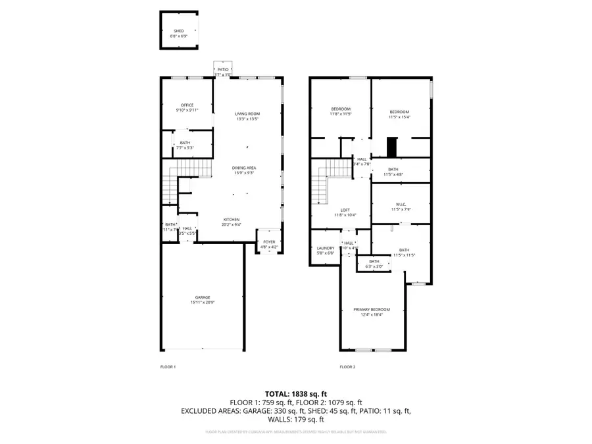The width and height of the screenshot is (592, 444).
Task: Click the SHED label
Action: (179, 31)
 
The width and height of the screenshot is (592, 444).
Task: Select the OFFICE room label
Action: (187, 105)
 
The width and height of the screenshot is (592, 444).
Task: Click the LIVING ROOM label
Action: (247, 114)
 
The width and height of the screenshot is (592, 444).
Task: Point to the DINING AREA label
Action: (244, 168)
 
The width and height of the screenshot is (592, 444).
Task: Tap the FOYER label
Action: (269, 242)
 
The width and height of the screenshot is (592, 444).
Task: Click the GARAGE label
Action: (202, 297)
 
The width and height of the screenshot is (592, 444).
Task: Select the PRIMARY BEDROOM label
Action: (372, 309)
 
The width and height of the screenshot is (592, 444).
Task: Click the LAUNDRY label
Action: (326, 248)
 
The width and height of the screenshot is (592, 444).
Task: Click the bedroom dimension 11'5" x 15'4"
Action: (399, 117)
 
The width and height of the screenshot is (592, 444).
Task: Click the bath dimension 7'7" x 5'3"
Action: (184, 148)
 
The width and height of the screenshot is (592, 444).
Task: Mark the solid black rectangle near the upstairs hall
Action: (392, 147)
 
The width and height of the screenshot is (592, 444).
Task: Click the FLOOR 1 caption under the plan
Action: (168, 366)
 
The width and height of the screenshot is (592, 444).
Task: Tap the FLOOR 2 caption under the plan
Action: (347, 366)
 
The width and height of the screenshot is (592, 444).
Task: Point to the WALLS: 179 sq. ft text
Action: (295, 419)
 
